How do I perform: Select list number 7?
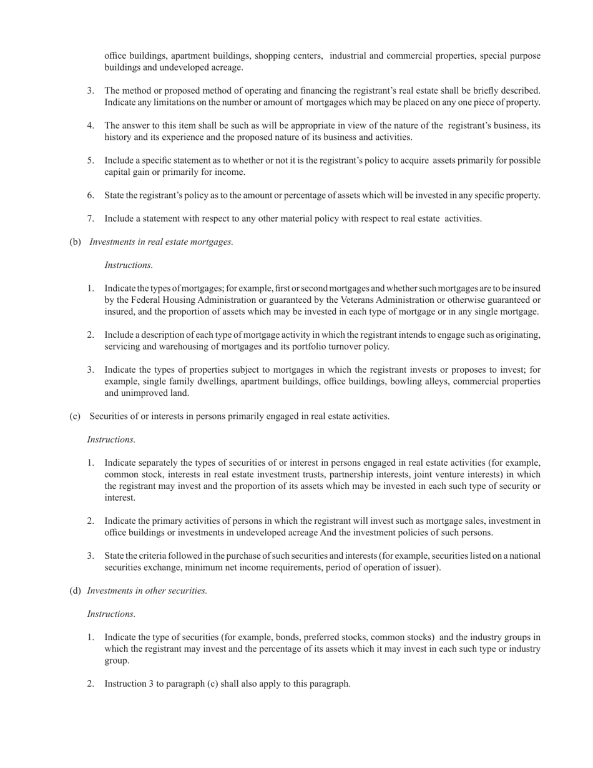91,219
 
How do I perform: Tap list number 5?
91,160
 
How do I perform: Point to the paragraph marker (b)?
75,242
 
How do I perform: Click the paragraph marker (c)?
75,416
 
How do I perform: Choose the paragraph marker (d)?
75,591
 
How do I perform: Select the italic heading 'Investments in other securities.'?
147,591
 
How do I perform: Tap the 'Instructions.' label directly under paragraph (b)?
129,265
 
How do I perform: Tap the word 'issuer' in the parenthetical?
424,568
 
